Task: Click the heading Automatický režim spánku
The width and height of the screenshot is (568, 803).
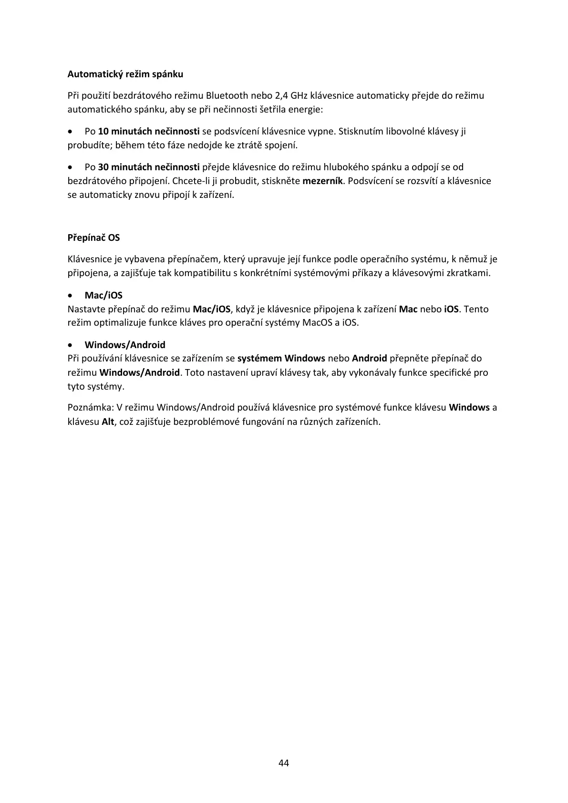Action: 125,74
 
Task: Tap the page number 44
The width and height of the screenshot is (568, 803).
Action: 283,763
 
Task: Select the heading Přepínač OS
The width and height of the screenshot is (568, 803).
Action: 93,237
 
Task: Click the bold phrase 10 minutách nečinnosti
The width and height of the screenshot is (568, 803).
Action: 148,131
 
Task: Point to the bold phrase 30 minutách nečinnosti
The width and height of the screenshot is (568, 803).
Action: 148,167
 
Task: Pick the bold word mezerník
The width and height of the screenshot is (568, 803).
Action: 323,181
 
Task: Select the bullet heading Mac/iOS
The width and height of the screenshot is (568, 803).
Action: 103,295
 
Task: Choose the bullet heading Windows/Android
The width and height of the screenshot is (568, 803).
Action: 125,345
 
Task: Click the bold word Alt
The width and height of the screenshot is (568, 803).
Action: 108,422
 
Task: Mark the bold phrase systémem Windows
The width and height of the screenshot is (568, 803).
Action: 281,358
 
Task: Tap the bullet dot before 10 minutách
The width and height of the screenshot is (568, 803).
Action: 71,131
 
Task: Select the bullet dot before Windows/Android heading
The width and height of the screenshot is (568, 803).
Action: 71,345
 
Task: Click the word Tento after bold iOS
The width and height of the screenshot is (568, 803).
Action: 476,309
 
